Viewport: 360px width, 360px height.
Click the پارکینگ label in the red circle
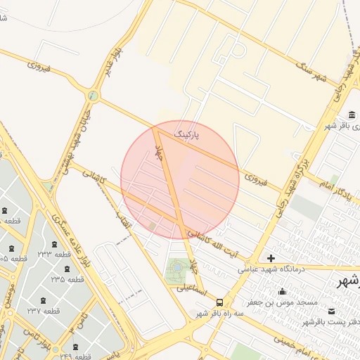pyautogui.click(x=187, y=132)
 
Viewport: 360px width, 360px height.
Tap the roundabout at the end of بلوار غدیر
pyautogui.click(x=92, y=96)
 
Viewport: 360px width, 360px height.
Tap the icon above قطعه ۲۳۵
pyautogui.click(x=67, y=269)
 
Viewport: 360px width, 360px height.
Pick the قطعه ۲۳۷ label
pyautogui.click(x=44, y=311)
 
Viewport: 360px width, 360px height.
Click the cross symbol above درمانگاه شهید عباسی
pyautogui.click(x=271, y=258)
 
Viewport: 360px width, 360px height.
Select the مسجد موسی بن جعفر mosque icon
pyautogui.click(x=282, y=292)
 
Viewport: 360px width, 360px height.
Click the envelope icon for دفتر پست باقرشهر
pyautogui.click(x=331, y=311)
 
